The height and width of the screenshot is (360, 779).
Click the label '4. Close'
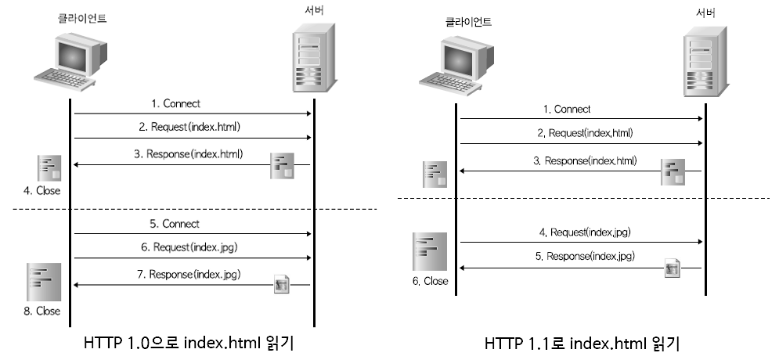point(41,190)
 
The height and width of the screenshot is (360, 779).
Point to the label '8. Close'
point(42,311)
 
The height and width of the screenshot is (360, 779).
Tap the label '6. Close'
point(431,281)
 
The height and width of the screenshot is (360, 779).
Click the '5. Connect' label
point(175,224)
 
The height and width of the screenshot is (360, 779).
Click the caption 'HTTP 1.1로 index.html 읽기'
point(582,343)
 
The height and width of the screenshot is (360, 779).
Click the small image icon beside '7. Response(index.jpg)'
point(282,285)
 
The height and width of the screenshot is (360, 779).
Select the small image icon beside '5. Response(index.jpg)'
point(672,268)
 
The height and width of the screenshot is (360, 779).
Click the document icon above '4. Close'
point(49,169)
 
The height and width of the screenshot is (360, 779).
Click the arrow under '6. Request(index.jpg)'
point(193,257)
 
